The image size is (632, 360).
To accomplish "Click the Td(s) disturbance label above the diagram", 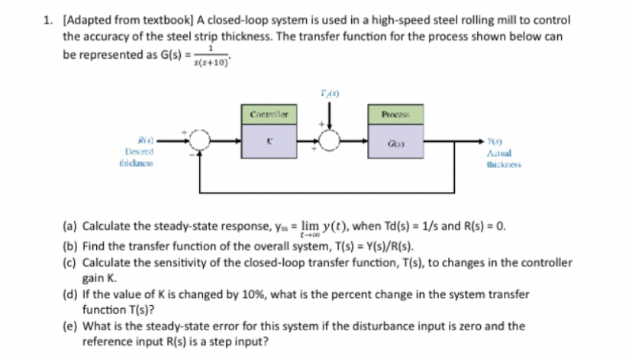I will [331, 92].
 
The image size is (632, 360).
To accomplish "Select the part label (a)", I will [69, 227].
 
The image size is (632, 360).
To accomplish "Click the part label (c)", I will [69, 262].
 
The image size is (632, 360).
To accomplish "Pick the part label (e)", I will [69, 326].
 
